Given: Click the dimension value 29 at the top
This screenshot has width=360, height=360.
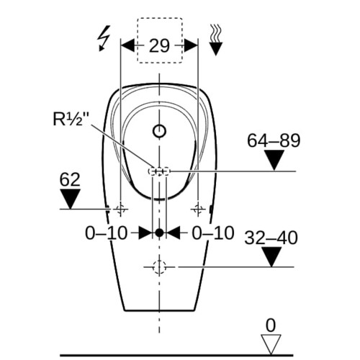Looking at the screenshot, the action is pyautogui.click(x=159, y=45).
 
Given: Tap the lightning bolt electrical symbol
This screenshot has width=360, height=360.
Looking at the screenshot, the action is pyautogui.click(x=104, y=38).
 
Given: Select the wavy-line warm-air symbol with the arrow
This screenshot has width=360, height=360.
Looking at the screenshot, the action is pyautogui.click(x=216, y=40).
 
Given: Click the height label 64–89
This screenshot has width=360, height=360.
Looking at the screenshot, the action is pyautogui.click(x=274, y=140).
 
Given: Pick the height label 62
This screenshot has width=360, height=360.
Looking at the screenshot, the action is pyautogui.click(x=70, y=179).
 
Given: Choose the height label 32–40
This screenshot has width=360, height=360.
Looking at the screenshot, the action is pyautogui.click(x=271, y=238).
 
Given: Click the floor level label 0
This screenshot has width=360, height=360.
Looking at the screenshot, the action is pyautogui.click(x=271, y=325).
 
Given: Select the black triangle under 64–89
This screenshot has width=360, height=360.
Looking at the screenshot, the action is pyautogui.click(x=274, y=158).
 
